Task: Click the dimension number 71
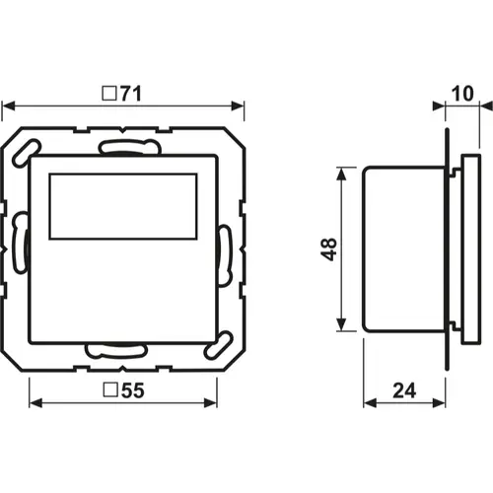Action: (131, 94)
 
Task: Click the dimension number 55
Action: (133, 390)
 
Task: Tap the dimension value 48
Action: (329, 249)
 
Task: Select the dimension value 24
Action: (404, 390)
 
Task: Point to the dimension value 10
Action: (462, 94)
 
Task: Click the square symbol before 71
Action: (109, 94)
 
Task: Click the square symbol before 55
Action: (110, 390)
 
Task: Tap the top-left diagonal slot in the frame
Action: (27, 153)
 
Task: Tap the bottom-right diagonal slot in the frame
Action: (219, 345)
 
